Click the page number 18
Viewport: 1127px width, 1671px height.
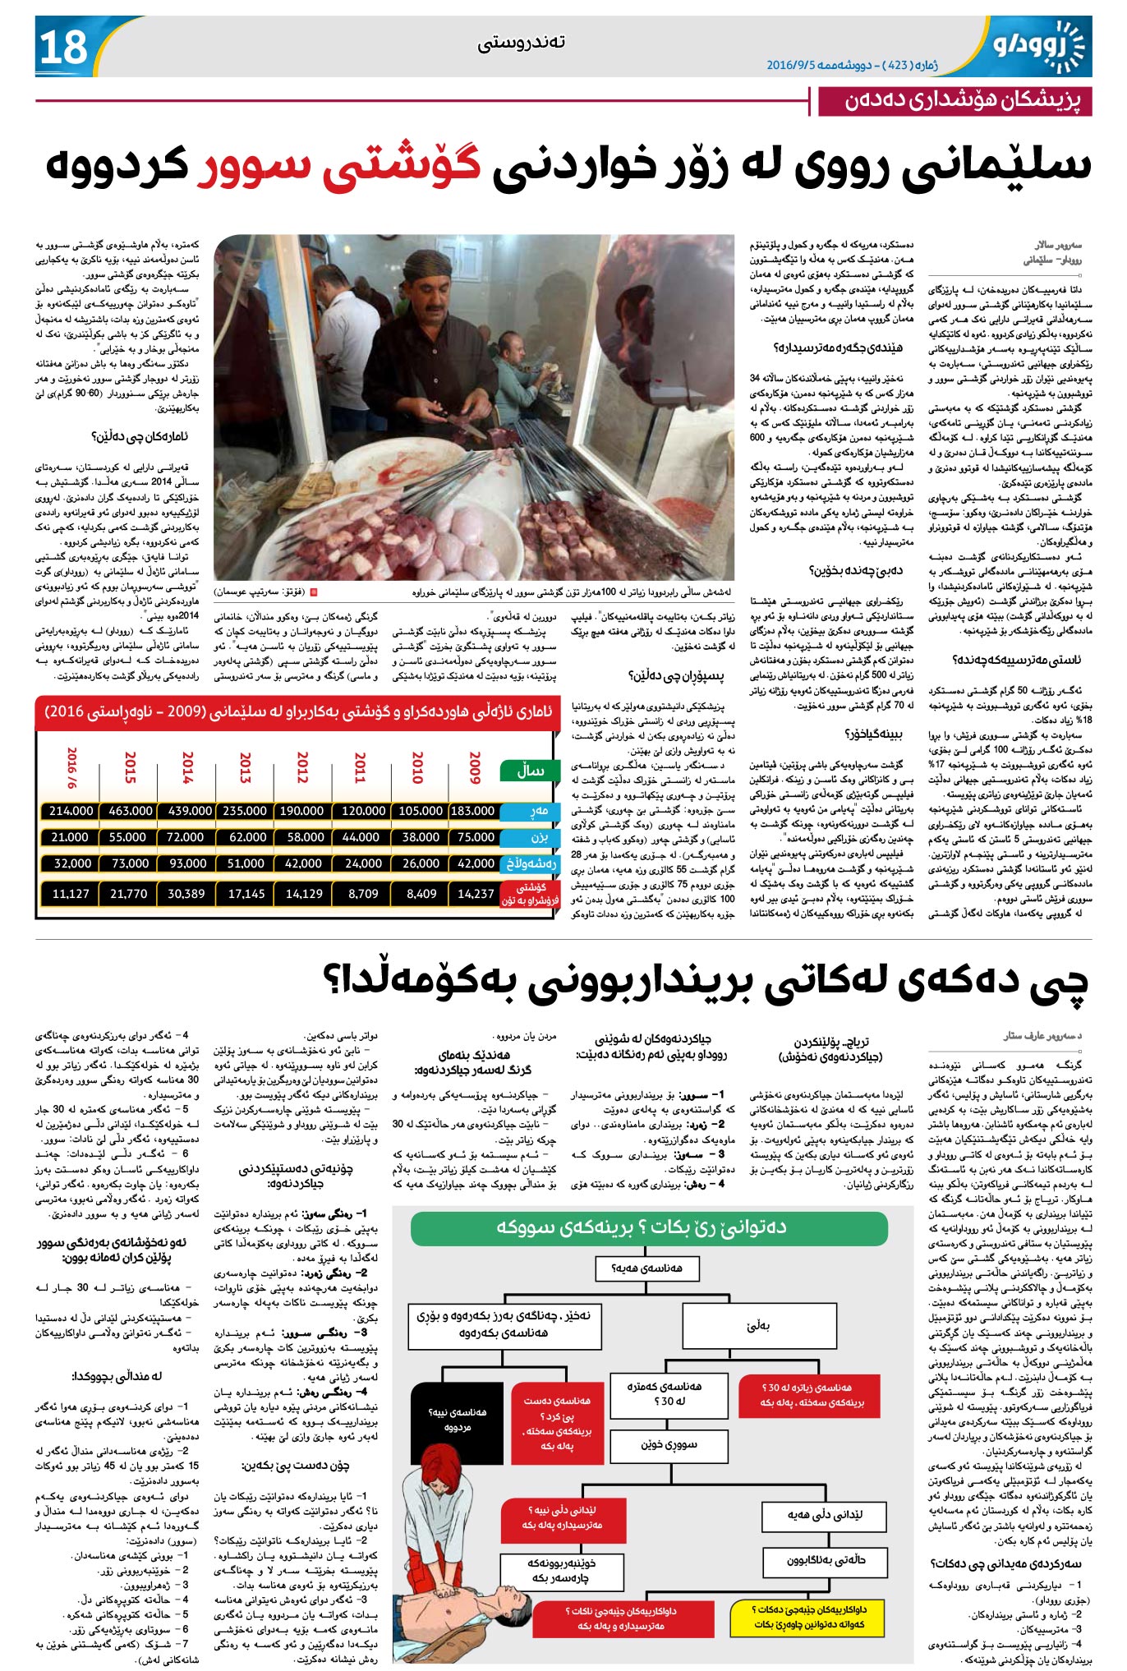pos(63,46)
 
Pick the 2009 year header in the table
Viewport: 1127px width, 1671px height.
pos(475,767)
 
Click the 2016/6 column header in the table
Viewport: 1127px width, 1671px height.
pos(71,767)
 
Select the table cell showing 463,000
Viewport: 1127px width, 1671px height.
pos(130,811)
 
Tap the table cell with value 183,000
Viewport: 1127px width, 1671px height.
pos(472,811)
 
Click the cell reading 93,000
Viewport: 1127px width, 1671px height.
pos(187,863)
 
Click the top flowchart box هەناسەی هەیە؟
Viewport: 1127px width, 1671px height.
pos(647,1268)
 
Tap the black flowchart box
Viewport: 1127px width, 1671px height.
pos(457,1419)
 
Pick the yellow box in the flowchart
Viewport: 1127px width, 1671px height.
pos(808,1616)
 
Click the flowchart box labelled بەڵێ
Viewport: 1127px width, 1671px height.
pos(757,1325)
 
